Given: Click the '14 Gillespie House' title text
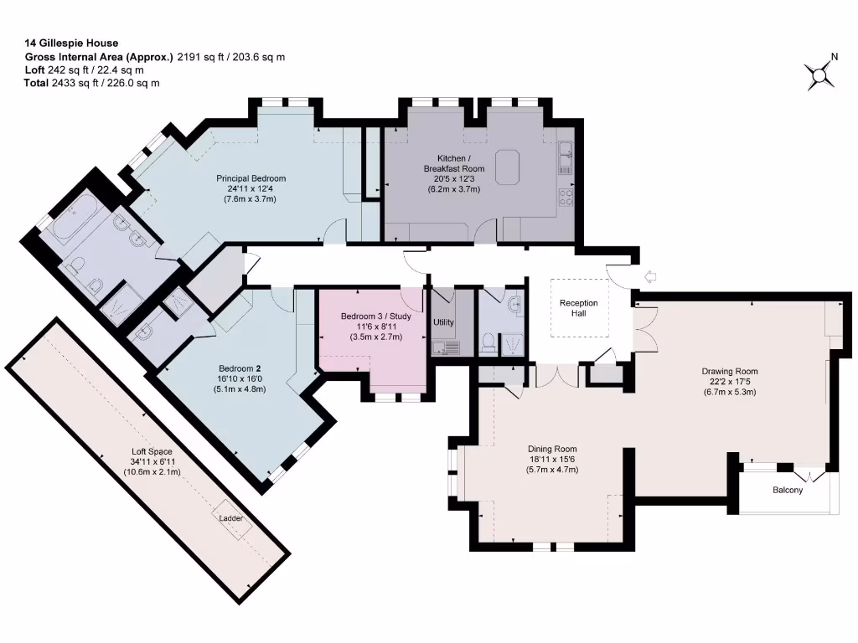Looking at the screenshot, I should tap(71, 43).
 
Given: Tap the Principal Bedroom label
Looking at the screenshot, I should tap(251, 178).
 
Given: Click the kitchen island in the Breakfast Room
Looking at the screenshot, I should tap(509, 166).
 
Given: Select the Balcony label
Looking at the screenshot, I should tap(787, 490).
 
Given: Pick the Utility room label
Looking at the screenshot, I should tap(443, 322).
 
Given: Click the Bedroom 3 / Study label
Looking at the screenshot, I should tap(376, 316).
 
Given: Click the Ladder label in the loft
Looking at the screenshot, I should tap(231, 518).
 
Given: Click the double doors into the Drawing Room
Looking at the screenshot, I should tap(643, 329).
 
